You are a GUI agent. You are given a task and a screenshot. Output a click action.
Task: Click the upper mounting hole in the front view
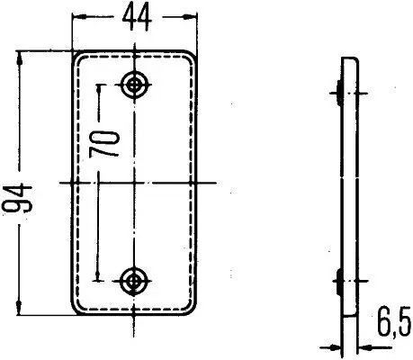136,84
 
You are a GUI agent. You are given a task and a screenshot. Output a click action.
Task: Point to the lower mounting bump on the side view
337,279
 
